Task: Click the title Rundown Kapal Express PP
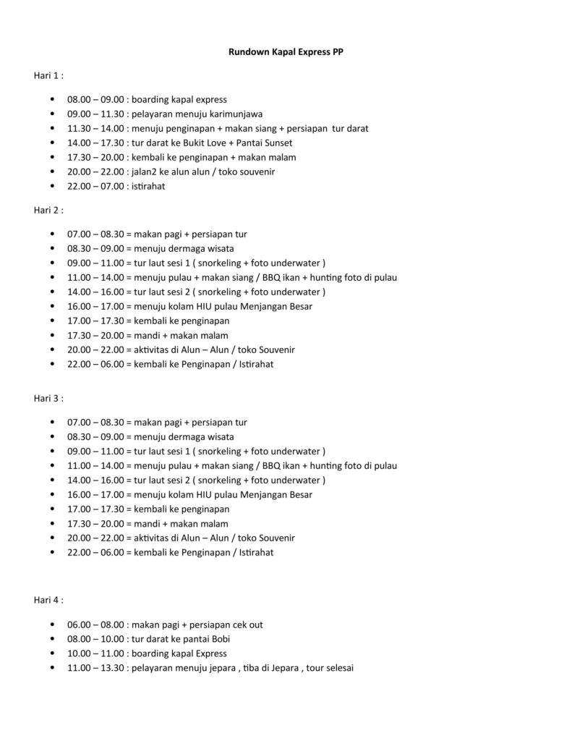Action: coord(286,52)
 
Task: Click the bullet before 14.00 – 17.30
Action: coord(54,143)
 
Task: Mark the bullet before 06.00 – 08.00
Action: coord(54,624)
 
